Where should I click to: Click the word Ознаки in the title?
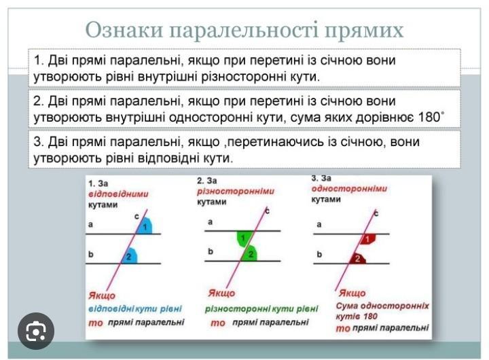point(124,31)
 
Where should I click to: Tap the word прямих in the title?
point(364,31)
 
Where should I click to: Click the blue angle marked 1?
point(145,226)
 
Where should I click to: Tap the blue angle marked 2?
point(129,255)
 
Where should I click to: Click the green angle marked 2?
point(249,253)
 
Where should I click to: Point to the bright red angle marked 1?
point(367,239)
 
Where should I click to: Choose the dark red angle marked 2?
point(358,258)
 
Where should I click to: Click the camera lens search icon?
point(36,331)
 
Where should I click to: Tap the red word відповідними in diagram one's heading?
point(118,194)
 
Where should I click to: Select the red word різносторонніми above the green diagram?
point(236,191)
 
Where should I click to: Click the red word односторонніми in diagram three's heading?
point(349,188)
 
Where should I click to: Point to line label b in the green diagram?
point(211,251)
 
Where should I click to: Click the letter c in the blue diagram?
point(137,216)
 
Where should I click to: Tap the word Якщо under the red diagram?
point(352,293)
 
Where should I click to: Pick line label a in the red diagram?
point(319,224)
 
